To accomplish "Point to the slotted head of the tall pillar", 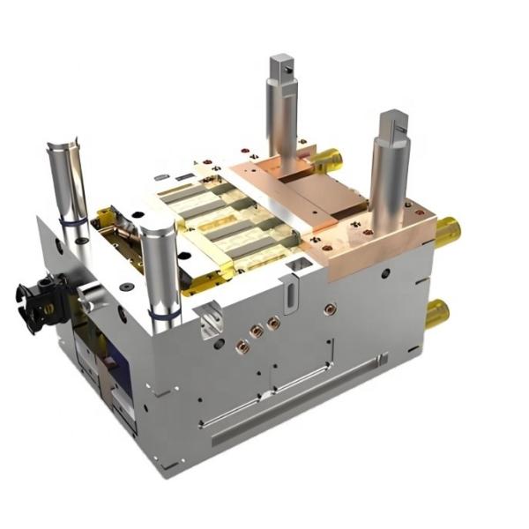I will coord(394,123).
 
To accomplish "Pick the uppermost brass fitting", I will coord(327,159).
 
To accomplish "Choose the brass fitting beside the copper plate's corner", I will coord(447,231).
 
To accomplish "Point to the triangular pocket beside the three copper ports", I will coord(211,319).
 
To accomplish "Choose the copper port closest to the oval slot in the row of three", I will coord(273,324).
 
